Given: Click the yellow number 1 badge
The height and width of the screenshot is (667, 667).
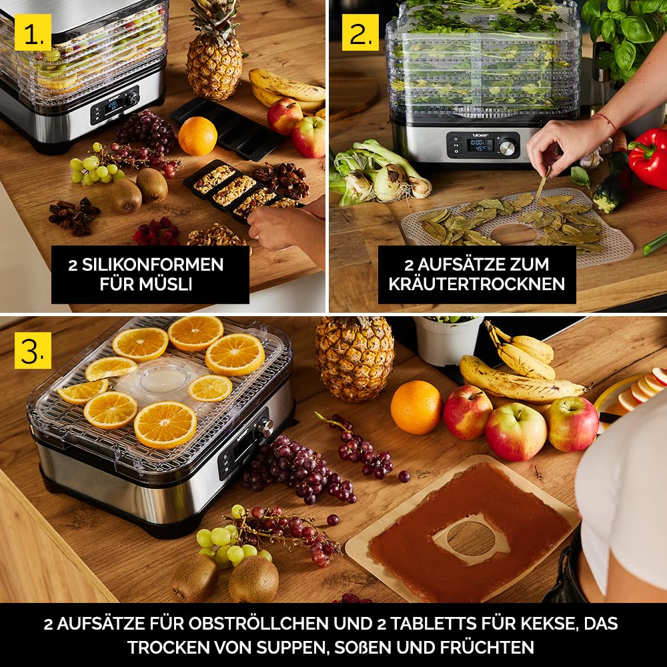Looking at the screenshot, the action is (x=33, y=32).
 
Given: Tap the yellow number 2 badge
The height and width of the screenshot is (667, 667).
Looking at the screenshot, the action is (x=360, y=32).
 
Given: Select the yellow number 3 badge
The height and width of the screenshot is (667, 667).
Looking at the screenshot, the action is (x=33, y=351).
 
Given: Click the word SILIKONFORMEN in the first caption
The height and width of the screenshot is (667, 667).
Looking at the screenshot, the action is (x=152, y=265).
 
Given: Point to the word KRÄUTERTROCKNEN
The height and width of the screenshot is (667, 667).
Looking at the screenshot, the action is (x=477, y=284).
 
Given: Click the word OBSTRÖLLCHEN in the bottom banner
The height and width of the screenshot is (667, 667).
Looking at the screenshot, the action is (x=258, y=624).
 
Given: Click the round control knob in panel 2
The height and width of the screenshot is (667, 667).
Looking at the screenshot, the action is (x=507, y=147).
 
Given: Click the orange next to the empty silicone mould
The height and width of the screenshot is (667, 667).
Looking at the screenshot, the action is (x=197, y=136).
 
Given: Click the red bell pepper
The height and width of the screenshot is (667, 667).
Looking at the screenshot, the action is (x=649, y=157).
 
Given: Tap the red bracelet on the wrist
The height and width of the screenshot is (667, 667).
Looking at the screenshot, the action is (x=606, y=120).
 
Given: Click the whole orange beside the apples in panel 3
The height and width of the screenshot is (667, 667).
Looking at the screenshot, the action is (x=416, y=408).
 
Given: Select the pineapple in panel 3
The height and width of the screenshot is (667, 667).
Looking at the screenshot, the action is (x=354, y=359).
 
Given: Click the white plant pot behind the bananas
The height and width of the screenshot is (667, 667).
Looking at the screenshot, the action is (x=448, y=341).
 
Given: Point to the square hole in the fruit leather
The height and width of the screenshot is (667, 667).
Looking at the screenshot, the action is (x=472, y=538).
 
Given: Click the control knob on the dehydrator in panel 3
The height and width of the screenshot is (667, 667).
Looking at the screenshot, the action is (x=265, y=426).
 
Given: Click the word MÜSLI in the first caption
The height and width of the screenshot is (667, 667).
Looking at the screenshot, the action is (x=146, y=284).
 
